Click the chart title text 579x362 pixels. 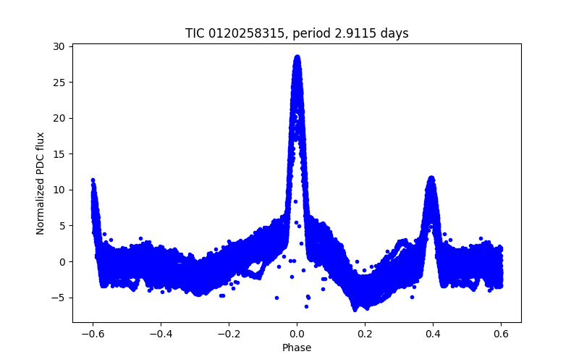(x=297, y=33)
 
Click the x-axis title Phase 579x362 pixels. (x=297, y=348)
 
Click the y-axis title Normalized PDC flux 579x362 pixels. (x=41, y=183)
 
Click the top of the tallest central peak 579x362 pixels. (x=297, y=56)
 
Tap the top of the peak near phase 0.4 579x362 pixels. (x=431, y=177)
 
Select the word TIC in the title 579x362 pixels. (x=195, y=33)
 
